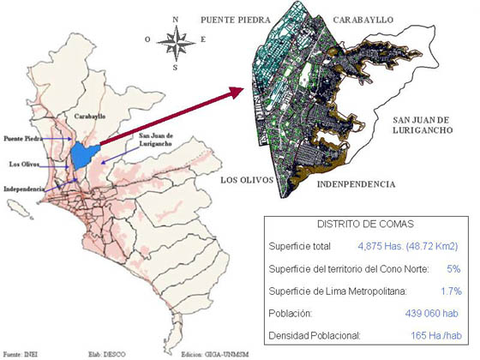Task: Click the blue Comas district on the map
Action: click(x=81, y=155)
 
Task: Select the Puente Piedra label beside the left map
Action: click(x=22, y=137)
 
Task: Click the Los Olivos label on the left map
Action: click(x=21, y=163)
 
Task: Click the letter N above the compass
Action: click(x=175, y=19)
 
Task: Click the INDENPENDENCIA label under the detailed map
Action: click(x=356, y=184)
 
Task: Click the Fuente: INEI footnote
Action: click(x=21, y=352)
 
